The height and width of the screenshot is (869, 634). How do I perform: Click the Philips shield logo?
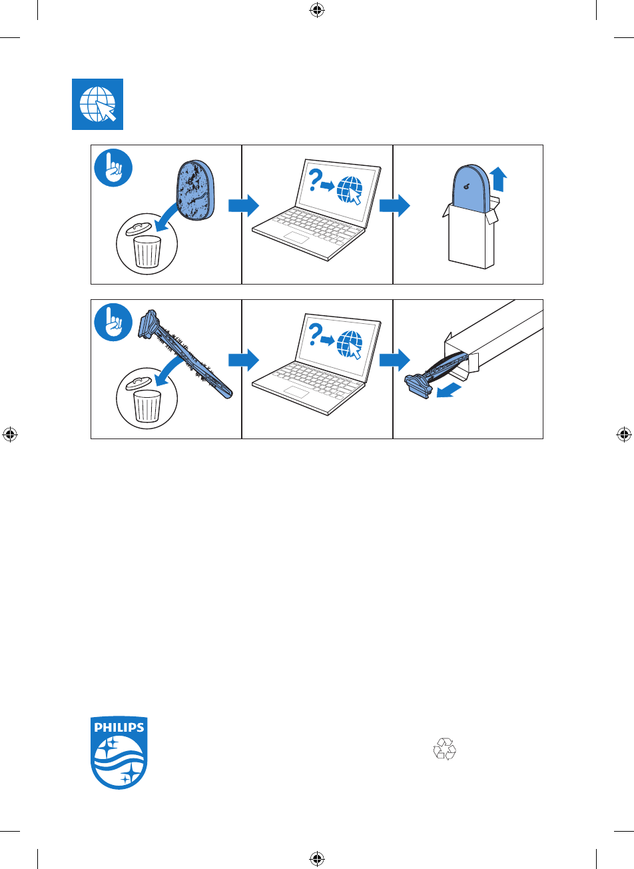[x=119, y=753]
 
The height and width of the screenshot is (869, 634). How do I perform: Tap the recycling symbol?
[x=445, y=749]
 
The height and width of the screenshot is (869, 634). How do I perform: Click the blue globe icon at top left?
[x=97, y=104]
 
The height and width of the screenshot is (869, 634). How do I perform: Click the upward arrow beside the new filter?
[x=498, y=181]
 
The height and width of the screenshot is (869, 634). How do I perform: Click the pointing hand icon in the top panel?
[x=113, y=169]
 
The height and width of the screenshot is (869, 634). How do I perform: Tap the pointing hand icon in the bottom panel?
[x=113, y=323]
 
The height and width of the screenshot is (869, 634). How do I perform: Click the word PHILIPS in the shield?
[x=119, y=727]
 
